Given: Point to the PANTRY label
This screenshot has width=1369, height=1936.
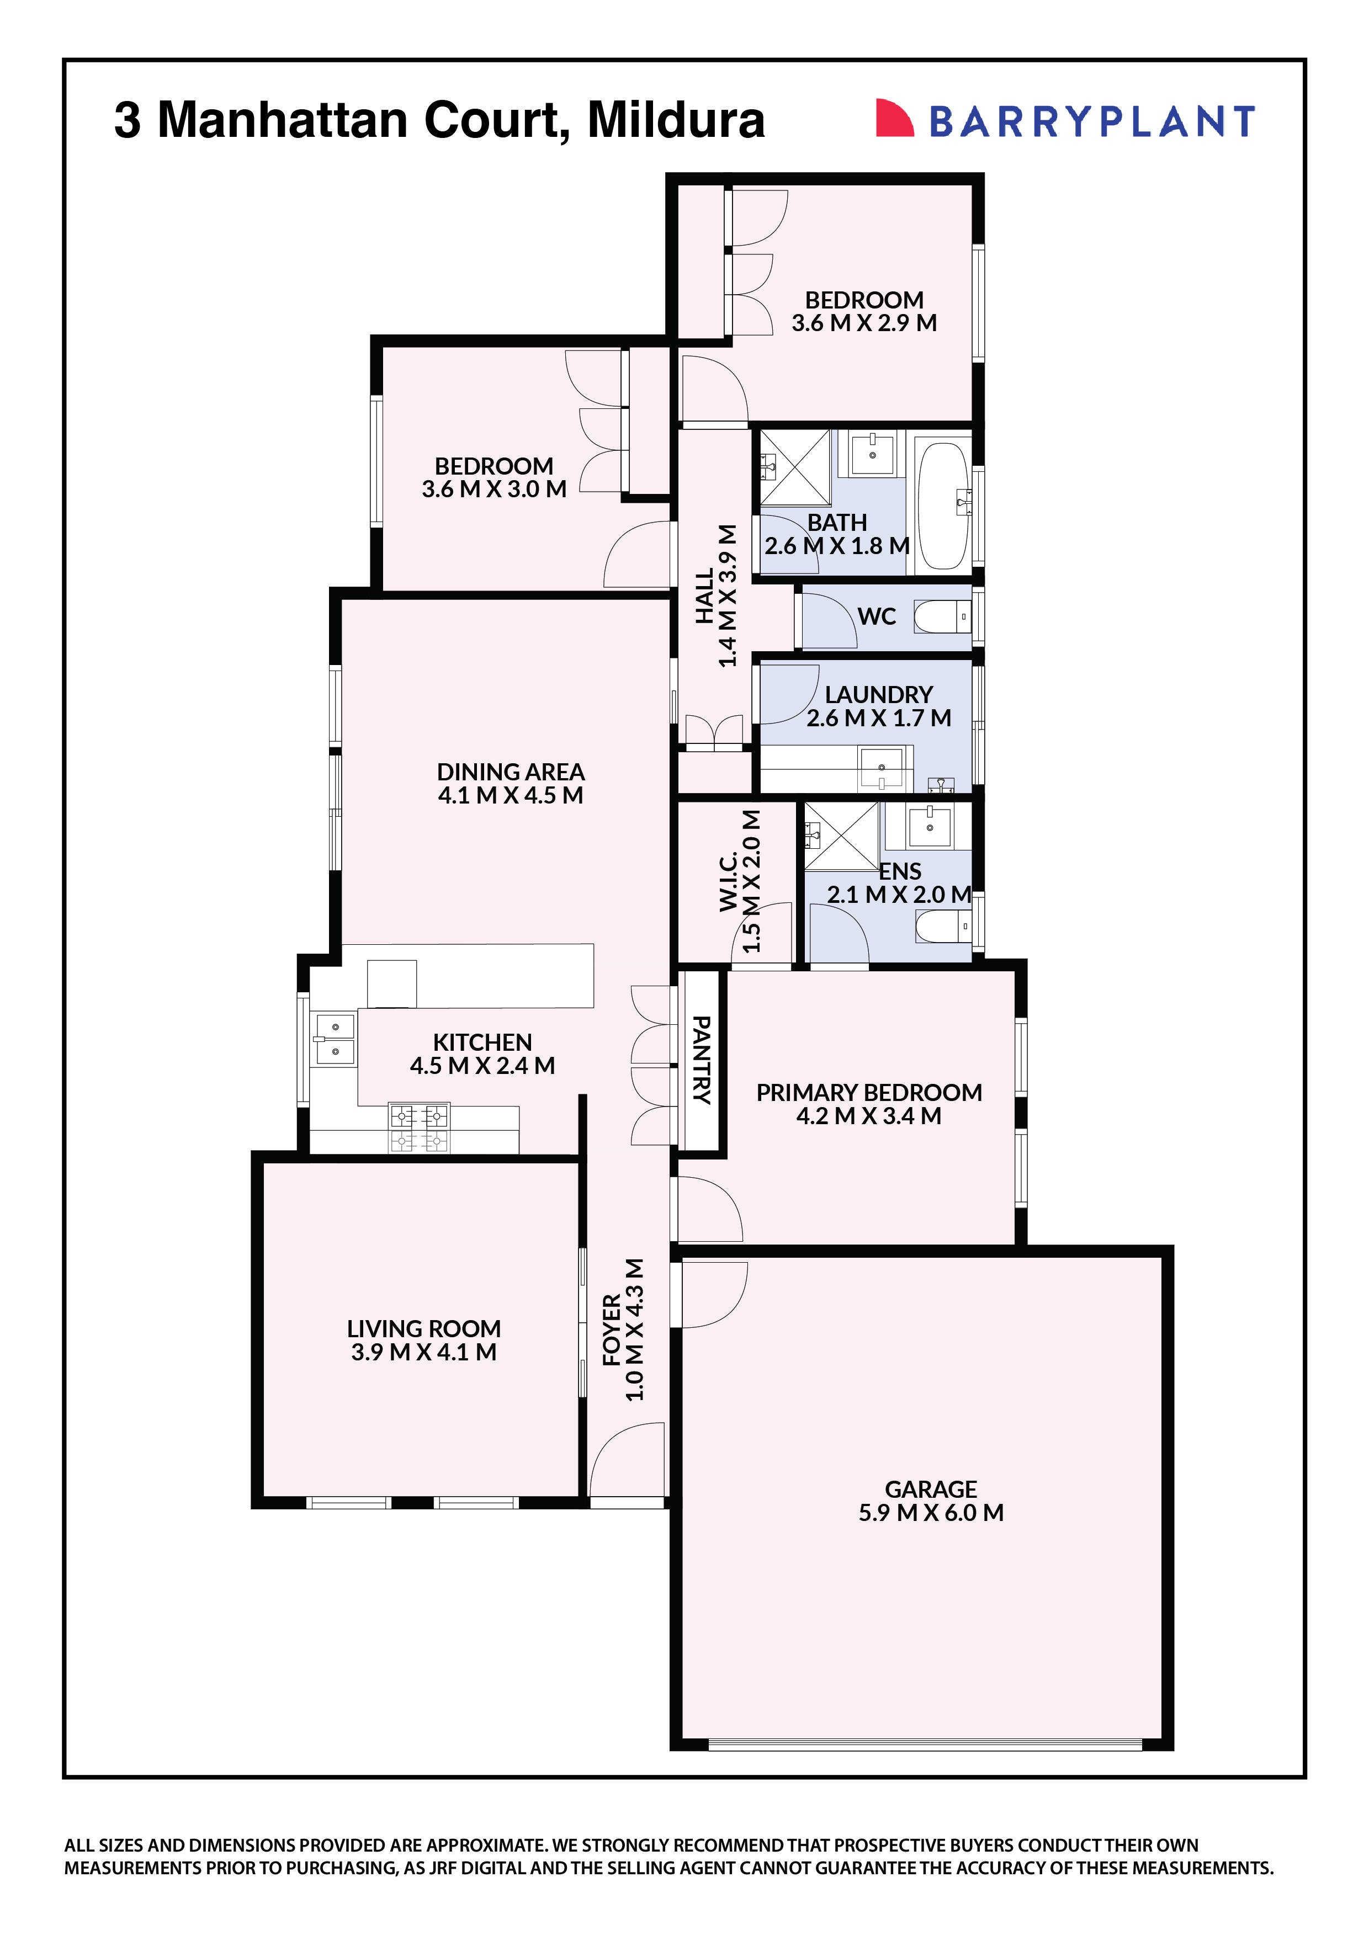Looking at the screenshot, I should (701, 1060).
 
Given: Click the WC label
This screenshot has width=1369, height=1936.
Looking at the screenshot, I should (877, 616).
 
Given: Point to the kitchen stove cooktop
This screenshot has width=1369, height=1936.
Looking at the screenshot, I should (418, 1127).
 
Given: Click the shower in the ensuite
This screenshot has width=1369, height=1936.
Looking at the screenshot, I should (840, 836).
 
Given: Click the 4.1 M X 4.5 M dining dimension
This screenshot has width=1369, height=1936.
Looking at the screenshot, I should (510, 795).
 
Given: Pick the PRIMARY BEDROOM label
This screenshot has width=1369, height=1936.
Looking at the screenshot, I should (869, 1093).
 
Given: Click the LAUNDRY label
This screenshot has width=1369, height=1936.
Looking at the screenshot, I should (878, 695).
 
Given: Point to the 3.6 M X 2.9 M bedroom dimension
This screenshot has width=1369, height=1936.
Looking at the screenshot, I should (864, 323).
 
